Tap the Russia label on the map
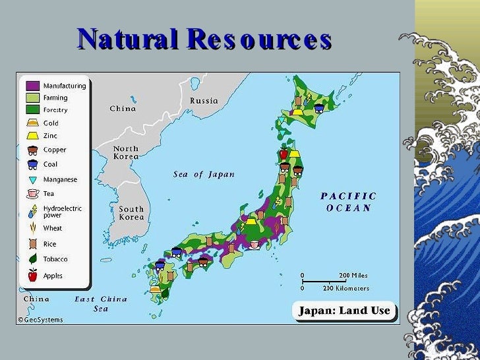[204, 101]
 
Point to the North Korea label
[126, 153]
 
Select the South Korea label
[131, 213]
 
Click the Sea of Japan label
[204, 175]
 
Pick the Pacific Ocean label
[349, 202]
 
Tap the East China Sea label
[100, 303]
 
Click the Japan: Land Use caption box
[345, 311]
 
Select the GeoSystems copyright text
[40, 320]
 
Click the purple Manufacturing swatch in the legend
[32, 86]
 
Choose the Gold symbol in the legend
[32, 123]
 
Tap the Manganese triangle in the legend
[32, 179]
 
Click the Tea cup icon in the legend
[32, 194]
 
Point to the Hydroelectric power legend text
[63, 212]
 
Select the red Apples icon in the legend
[32, 276]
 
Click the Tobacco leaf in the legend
[32, 259]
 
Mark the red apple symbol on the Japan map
[284, 154]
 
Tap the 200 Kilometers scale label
[345, 288]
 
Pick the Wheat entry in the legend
[52, 228]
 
